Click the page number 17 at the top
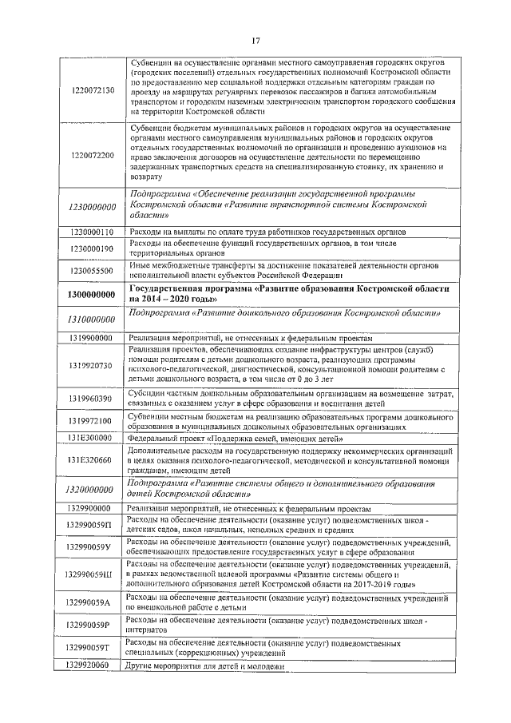[255, 42]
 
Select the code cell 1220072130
[92, 89]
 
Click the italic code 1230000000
[92, 207]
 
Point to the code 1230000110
[92, 231]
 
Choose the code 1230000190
[92, 248]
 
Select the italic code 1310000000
[92, 319]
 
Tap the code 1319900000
[92, 339]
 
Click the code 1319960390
[92, 398]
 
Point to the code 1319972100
[92, 421]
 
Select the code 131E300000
[92, 438]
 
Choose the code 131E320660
[92, 460]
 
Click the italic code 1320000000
[92, 489]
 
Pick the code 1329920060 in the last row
[92, 665]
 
